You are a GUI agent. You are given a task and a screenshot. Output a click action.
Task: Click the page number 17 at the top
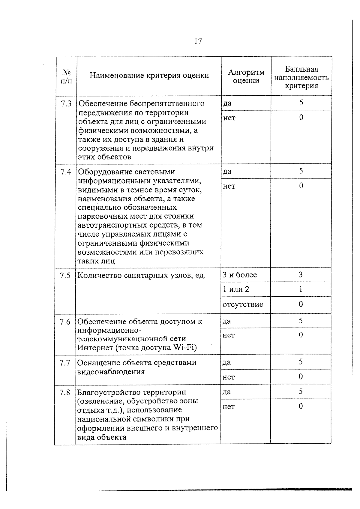(198, 41)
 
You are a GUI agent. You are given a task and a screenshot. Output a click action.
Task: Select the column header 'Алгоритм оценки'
(246, 76)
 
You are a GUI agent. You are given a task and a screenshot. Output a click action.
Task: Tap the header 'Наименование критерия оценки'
(149, 75)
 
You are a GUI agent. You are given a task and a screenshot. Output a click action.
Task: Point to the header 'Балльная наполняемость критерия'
(301, 78)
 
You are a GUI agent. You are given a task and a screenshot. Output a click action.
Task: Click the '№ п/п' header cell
(66, 76)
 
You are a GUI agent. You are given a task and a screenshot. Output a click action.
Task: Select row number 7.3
(66, 104)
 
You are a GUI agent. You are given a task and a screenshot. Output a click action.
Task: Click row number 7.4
(66, 172)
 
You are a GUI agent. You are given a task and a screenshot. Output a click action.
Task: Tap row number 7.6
(65, 322)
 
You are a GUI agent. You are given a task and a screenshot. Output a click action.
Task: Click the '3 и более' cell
(240, 275)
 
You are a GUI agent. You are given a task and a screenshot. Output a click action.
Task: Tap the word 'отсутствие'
(243, 304)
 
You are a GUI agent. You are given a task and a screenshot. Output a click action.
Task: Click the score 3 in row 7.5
(301, 275)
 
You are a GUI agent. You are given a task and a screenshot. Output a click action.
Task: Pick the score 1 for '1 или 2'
(301, 289)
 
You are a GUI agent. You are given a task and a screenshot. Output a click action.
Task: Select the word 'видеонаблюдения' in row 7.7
(111, 372)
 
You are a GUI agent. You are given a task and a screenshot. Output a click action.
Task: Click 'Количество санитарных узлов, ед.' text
(142, 275)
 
